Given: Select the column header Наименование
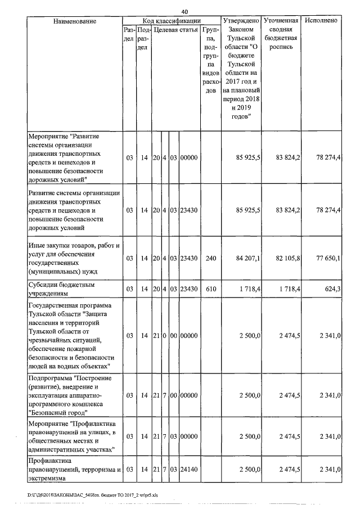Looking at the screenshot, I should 74,21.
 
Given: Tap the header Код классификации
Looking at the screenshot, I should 172,21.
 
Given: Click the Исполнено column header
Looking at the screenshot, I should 321,21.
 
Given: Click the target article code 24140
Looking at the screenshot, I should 188,470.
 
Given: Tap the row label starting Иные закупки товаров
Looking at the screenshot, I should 73,258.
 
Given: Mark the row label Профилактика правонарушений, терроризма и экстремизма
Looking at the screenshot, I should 73,470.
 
